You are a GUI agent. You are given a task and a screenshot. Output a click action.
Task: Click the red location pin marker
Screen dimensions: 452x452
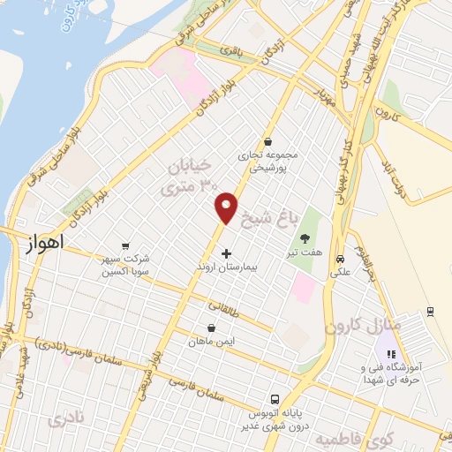227,207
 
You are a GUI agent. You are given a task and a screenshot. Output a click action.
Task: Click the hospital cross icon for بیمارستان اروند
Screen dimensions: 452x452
227,253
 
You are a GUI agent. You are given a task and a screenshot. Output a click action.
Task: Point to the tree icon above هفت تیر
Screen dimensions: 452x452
305,237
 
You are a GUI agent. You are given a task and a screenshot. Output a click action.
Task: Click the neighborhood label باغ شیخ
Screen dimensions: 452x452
299,213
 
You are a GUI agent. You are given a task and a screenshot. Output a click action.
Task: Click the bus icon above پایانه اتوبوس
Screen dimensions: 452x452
275,399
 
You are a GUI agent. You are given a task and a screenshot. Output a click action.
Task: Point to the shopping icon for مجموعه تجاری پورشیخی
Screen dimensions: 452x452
268,142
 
